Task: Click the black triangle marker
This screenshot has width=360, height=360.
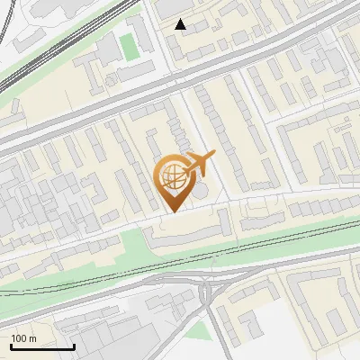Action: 181,24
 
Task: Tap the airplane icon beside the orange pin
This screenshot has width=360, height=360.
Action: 201,164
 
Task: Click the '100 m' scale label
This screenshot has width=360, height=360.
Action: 24,338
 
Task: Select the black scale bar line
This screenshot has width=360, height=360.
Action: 42,346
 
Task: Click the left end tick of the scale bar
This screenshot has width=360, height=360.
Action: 11,345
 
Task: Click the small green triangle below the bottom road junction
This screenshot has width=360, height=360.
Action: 203,330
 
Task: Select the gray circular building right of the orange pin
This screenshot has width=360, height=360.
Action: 200,191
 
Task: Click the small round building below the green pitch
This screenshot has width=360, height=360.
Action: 111,80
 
